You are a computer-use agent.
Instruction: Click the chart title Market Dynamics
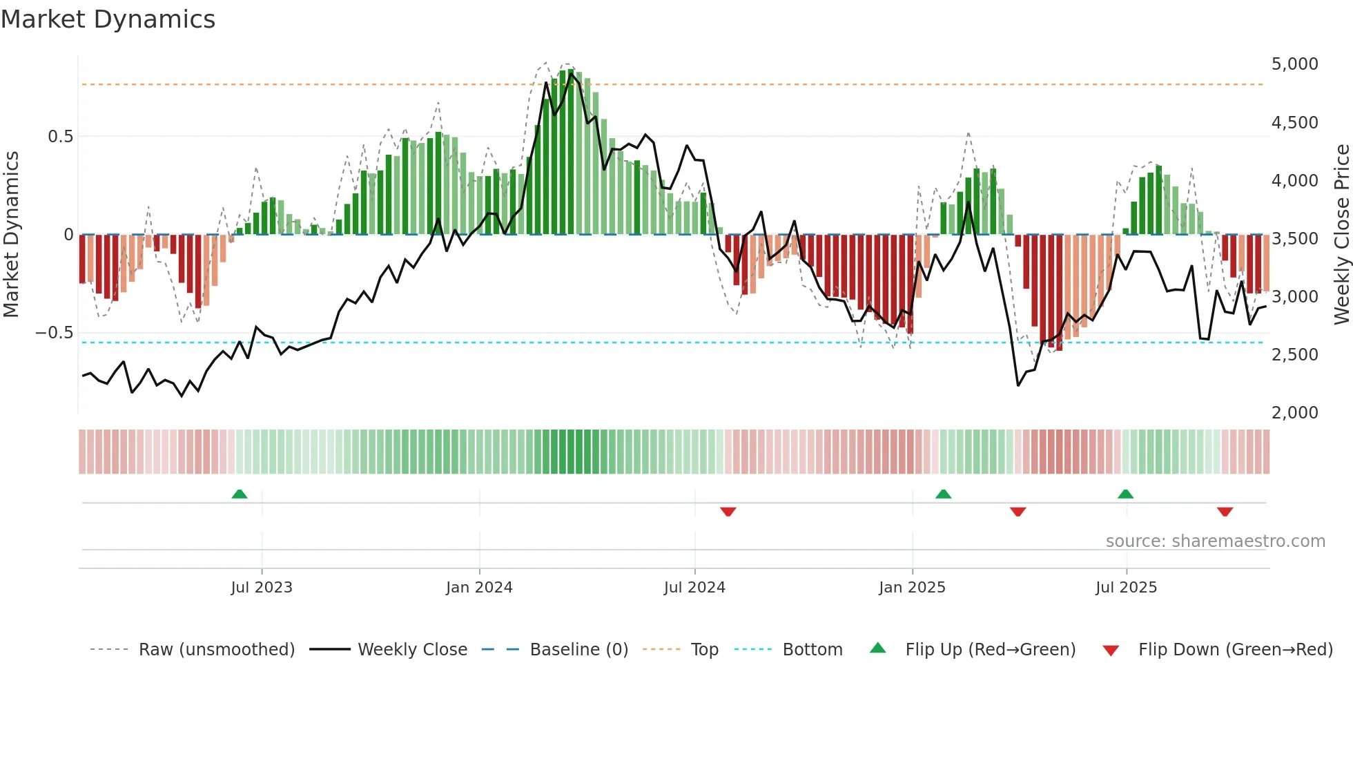(108, 19)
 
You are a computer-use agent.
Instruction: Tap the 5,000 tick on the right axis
(1294, 64)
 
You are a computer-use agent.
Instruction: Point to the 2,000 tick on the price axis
(1294, 413)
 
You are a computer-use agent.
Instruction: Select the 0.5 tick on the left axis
(60, 137)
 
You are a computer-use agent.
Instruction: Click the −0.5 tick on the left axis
(55, 333)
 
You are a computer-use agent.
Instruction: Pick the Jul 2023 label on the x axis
(262, 588)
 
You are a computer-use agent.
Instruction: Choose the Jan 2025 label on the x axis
(912, 588)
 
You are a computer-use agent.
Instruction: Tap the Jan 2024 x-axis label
(479, 588)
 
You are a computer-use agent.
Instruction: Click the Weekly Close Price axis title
(1341, 235)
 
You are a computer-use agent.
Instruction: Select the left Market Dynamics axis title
(11, 235)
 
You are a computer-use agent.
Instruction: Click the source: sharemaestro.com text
(1215, 541)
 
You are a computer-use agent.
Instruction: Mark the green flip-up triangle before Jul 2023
(240, 494)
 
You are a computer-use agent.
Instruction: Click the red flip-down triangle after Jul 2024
(728, 512)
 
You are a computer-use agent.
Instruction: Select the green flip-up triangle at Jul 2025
(1125, 494)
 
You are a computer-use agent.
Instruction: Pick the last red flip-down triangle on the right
(1225, 512)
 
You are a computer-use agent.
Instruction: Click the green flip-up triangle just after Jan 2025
(943, 494)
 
